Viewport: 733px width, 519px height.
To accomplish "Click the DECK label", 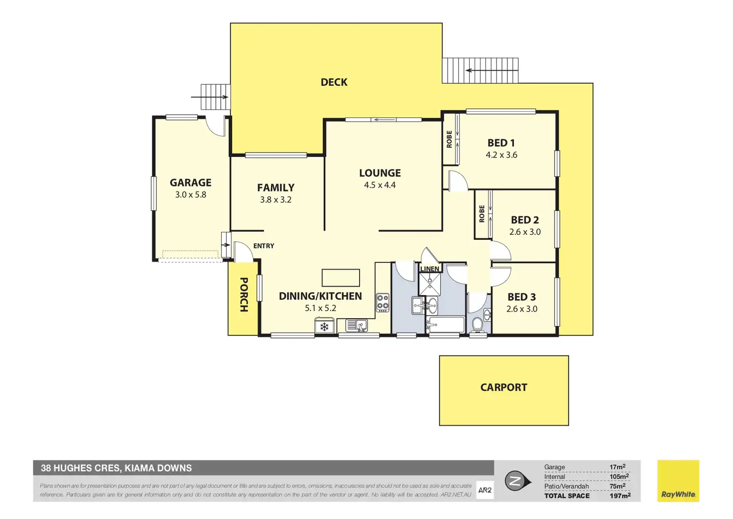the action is click(x=334, y=82).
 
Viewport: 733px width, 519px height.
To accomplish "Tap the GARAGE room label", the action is click(x=190, y=183).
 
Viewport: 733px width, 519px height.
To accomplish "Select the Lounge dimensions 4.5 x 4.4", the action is click(x=379, y=185).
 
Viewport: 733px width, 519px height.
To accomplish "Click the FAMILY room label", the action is click(x=275, y=188).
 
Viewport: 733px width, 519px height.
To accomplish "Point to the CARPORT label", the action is click(x=503, y=387).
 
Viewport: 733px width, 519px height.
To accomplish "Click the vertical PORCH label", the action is click(x=244, y=295).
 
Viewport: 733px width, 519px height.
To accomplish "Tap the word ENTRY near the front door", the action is click(x=263, y=246).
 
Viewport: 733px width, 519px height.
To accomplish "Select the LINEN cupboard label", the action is click(x=429, y=269).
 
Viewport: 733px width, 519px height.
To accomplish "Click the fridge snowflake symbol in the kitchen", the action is click(x=324, y=327).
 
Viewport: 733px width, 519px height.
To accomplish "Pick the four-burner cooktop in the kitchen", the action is click(x=382, y=302).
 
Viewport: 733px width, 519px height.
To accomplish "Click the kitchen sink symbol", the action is click(x=357, y=326).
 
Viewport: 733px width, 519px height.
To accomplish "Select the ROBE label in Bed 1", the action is click(x=449, y=139).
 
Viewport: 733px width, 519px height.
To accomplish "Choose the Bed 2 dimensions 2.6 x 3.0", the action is click(x=524, y=232).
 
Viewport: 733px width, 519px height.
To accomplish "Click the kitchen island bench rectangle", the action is click(x=341, y=278).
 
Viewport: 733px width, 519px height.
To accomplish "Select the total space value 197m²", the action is click(x=620, y=496).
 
